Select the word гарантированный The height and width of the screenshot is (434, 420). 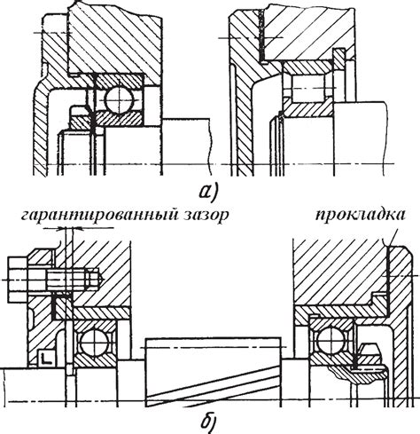click(x=98, y=216)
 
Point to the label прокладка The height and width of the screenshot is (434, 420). click(x=360, y=216)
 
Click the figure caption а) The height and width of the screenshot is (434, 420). click(x=208, y=191)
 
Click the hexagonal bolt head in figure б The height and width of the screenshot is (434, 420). click(x=18, y=280)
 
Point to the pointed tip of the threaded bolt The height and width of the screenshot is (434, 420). click(x=102, y=280)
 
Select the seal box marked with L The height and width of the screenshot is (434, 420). click(x=46, y=358)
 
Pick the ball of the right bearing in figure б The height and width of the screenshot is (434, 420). click(x=333, y=340)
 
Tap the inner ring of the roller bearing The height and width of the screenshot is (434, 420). click(x=307, y=109)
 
